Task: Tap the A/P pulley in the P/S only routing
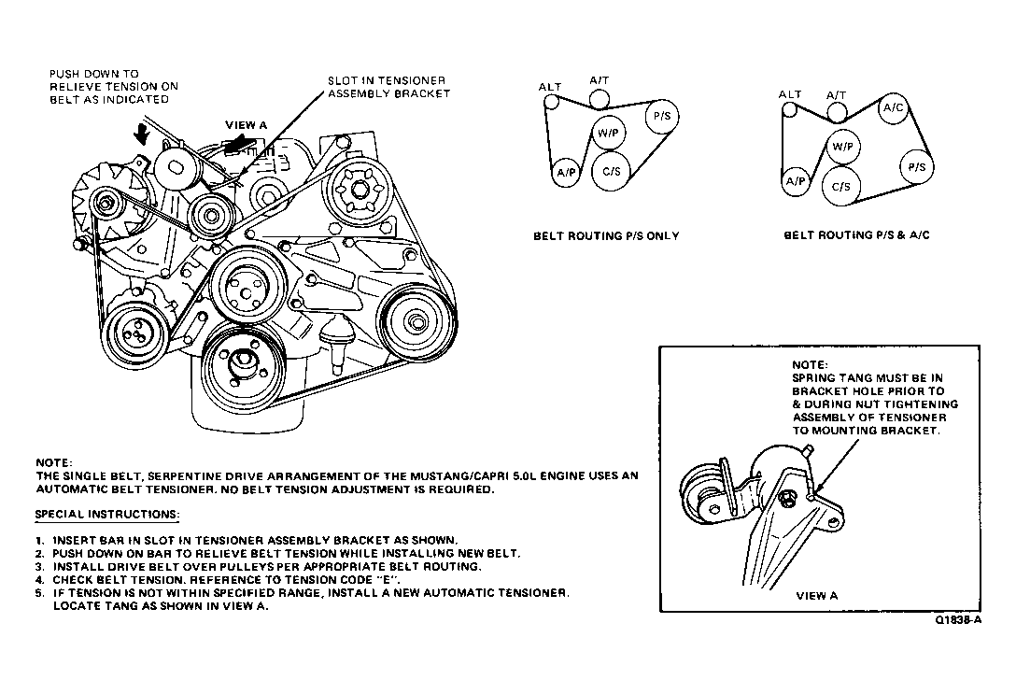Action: click(566, 173)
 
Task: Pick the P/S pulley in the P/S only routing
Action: click(662, 117)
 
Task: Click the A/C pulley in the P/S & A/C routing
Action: click(894, 108)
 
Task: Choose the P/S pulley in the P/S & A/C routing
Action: click(916, 167)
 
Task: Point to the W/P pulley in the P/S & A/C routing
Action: click(842, 148)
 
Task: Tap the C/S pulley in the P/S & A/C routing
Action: click(841, 186)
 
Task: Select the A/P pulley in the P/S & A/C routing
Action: click(795, 181)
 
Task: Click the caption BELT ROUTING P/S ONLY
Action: click(606, 236)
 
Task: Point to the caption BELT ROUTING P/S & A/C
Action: click(856, 236)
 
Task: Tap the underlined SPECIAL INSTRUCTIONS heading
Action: click(106, 515)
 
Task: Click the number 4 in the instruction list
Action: click(39, 580)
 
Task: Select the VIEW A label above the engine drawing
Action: click(247, 124)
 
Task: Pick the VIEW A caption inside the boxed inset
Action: click(817, 595)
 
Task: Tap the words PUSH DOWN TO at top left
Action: click(93, 73)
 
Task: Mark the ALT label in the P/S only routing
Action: click(550, 87)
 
